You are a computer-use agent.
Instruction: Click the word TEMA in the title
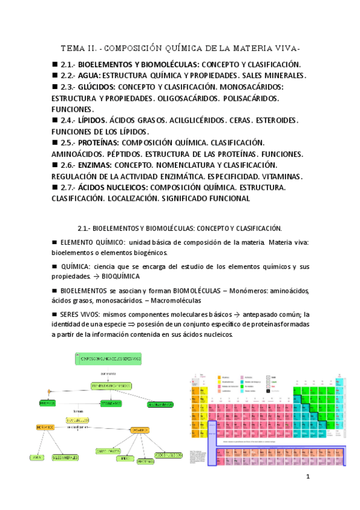click(x=73, y=48)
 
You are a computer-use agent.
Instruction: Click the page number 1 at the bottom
click(x=308, y=477)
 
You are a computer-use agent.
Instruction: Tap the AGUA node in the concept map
click(x=38, y=457)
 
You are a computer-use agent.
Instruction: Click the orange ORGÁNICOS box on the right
click(x=139, y=429)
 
